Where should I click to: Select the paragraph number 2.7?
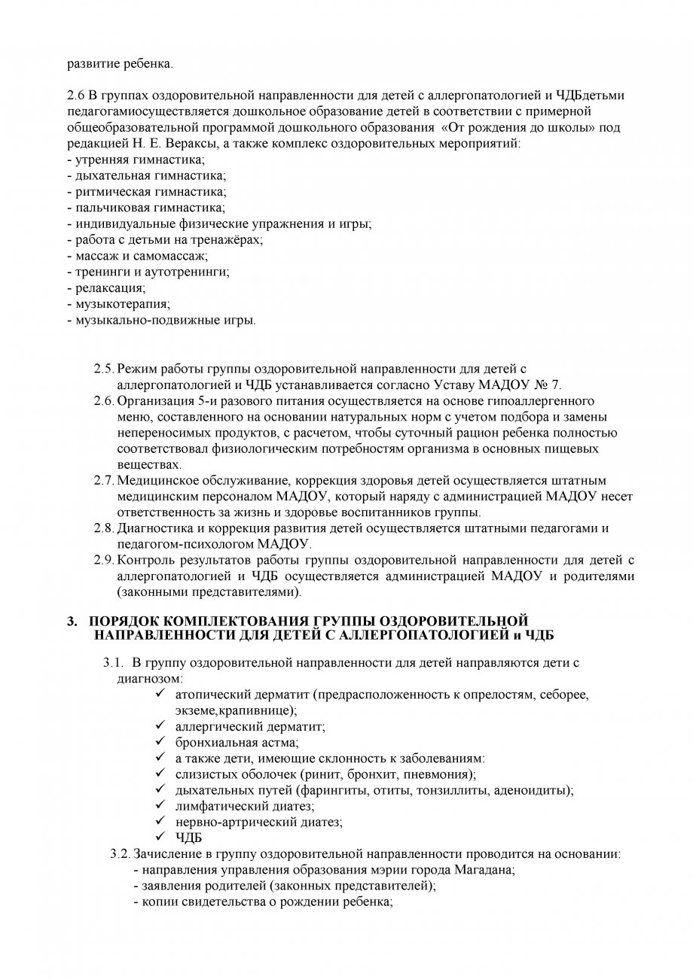(104, 480)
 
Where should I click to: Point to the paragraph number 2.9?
(104, 560)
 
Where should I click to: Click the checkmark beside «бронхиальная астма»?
(160, 742)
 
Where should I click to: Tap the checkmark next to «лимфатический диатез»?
(160, 805)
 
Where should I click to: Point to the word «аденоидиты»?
(536, 790)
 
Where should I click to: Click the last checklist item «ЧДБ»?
(187, 838)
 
